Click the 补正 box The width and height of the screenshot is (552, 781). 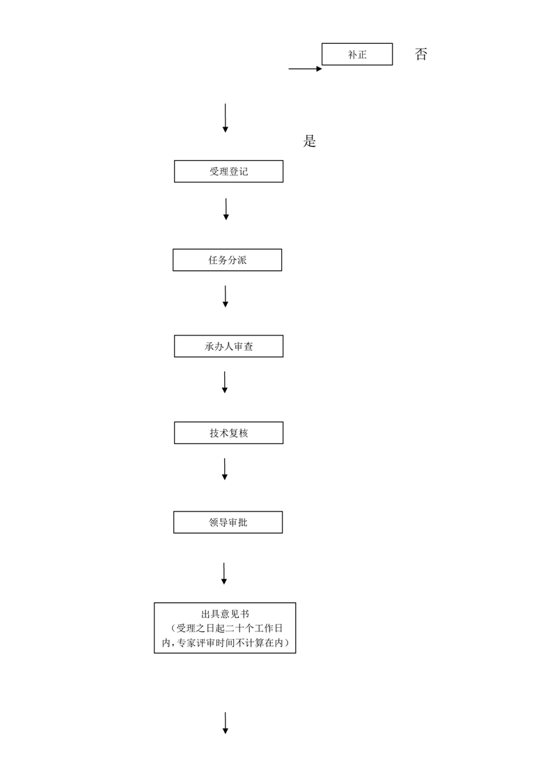coord(357,54)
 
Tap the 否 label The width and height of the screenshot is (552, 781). coord(421,54)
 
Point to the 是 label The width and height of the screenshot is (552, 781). coord(309,141)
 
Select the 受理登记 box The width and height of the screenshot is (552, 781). coord(229,171)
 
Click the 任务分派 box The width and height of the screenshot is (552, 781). coord(227,260)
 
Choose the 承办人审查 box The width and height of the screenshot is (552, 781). coord(229,346)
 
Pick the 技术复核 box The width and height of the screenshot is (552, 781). coord(229,433)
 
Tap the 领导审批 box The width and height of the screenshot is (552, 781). coord(228,522)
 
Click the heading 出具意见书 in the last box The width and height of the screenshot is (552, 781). coord(225,614)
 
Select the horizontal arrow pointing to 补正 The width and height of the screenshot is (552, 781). coord(306,69)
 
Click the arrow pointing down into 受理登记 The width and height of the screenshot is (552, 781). coord(225,118)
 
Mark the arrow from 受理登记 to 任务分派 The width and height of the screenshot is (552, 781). coord(226,210)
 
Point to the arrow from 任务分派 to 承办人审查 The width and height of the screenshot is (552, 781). coord(225,297)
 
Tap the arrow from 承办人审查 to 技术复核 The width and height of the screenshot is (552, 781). coord(225,382)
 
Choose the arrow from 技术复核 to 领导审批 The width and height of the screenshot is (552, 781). coord(225,469)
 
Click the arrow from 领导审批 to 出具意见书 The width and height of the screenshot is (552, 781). coord(224,574)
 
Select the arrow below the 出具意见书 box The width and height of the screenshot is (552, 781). coord(225,723)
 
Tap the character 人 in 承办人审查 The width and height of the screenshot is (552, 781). coord(229,346)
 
